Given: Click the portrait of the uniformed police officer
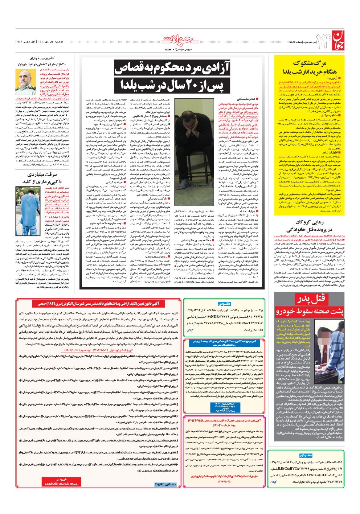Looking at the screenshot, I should [x=27, y=82].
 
